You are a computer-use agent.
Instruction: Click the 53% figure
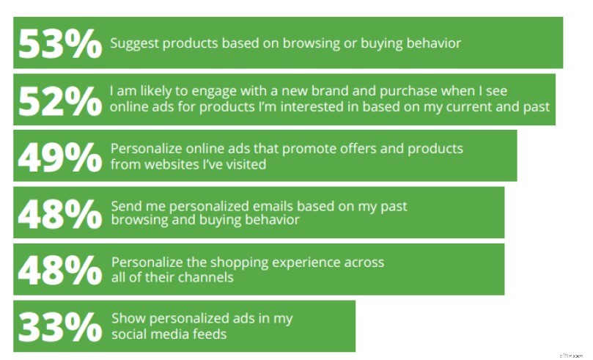59,43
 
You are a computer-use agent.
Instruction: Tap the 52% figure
59,100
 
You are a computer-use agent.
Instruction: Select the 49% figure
59,156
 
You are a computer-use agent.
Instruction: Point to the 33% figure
59,326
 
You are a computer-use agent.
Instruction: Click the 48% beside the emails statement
59,213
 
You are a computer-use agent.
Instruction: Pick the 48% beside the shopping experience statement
59,269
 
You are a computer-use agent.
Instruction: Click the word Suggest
133,43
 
